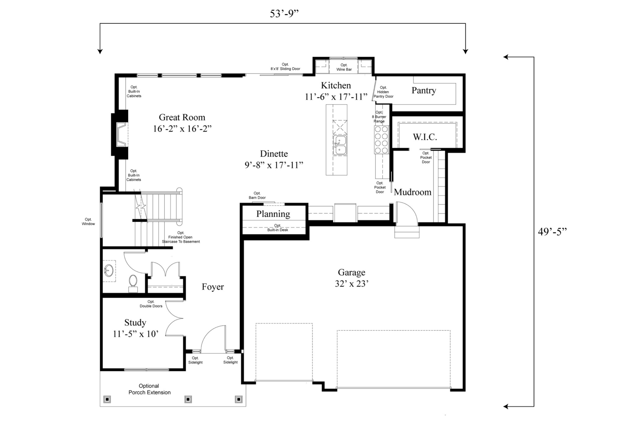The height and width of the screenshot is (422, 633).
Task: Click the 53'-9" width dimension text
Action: coord(284,14)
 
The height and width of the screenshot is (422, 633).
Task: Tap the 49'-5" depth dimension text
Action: coord(552,232)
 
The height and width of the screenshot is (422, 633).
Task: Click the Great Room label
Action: coord(182,117)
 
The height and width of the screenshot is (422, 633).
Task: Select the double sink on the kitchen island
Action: coord(340,145)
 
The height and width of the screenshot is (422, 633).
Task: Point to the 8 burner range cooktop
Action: coord(381,140)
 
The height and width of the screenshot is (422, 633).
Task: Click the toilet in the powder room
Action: coord(133,282)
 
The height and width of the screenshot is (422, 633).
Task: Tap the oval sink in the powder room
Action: coord(108,271)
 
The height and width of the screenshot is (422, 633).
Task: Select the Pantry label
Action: coord(423,91)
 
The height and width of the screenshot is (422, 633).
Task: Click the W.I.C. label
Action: coord(425,137)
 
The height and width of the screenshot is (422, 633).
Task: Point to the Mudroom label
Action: coord(412,192)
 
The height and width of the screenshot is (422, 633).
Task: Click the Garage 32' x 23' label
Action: coord(351,278)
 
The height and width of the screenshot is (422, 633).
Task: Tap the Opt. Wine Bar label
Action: coord(344,67)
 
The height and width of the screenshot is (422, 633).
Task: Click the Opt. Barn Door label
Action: coord(257,195)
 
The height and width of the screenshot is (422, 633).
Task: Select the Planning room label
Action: coord(273,214)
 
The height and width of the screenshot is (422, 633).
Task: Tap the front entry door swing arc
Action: coord(213,337)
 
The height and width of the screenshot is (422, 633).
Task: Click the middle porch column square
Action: coord(188,399)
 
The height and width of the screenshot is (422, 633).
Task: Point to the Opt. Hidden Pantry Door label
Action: coord(383,92)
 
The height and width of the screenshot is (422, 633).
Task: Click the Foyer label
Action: coord(213,287)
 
